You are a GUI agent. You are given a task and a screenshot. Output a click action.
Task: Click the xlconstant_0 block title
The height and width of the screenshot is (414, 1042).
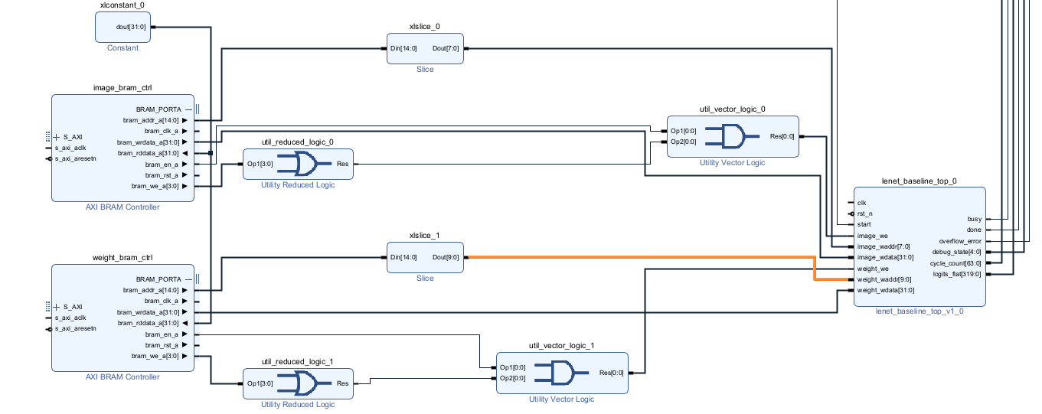click(122, 5)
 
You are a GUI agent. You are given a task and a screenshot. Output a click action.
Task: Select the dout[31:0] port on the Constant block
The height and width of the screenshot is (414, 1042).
click(131, 27)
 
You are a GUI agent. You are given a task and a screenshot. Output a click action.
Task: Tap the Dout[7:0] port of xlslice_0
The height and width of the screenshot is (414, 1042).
click(446, 48)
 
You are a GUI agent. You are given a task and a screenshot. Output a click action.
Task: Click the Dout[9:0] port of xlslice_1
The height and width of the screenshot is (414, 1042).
click(446, 257)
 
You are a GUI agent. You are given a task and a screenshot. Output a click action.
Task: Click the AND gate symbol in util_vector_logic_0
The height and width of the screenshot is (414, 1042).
click(732, 136)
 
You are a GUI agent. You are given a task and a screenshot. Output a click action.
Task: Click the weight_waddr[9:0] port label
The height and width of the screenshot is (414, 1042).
click(884, 279)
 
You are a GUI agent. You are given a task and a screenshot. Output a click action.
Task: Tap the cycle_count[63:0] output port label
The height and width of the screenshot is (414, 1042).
click(955, 263)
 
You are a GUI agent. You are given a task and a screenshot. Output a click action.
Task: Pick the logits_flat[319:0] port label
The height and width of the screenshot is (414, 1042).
click(957, 274)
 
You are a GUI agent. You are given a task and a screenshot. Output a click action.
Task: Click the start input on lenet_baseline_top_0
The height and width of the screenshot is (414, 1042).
click(864, 224)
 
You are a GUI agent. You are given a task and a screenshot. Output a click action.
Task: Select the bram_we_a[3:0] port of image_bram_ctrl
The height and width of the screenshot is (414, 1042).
click(155, 186)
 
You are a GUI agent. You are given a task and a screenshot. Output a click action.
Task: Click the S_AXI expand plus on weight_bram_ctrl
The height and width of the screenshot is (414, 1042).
click(57, 307)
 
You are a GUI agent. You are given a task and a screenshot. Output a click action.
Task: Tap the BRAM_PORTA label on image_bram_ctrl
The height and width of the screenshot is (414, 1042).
click(158, 109)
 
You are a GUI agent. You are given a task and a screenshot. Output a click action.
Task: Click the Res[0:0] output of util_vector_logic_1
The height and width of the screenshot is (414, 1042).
click(611, 373)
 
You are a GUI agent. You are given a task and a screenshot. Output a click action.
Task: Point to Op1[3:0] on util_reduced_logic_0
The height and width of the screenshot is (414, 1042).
click(260, 164)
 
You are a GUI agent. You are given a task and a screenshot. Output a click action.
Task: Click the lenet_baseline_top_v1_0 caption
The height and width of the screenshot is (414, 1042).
click(920, 311)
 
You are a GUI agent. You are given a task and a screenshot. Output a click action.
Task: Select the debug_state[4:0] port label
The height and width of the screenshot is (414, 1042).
click(956, 252)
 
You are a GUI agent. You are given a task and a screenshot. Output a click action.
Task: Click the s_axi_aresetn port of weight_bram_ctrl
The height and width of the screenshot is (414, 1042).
click(75, 328)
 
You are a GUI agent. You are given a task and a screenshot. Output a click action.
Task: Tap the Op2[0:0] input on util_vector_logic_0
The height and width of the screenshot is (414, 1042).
click(684, 142)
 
